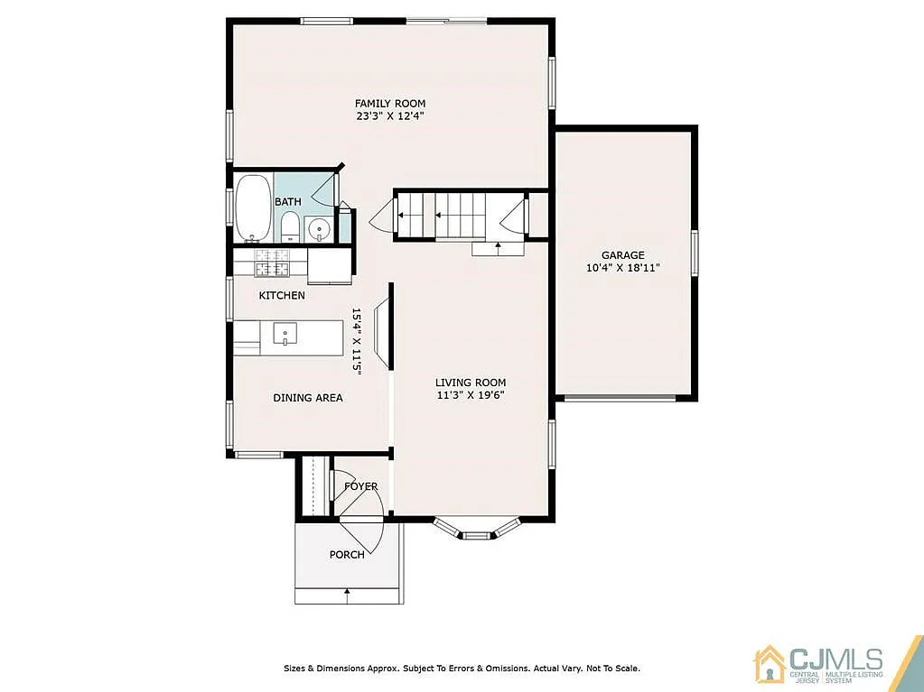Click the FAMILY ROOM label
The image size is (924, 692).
pyautogui.click(x=389, y=103)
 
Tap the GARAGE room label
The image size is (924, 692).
pyautogui.click(x=623, y=255)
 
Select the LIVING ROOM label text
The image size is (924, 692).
pyautogui.click(x=470, y=382)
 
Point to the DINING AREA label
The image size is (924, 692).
pyautogui.click(x=308, y=397)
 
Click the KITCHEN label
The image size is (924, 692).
pyautogui.click(x=282, y=295)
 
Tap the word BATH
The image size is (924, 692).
pyautogui.click(x=288, y=201)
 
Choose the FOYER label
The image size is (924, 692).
pyautogui.click(x=360, y=486)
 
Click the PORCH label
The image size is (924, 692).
pyautogui.click(x=347, y=554)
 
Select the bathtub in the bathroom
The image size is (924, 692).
pyautogui.click(x=251, y=208)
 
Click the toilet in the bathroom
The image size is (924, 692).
pyautogui.click(x=290, y=226)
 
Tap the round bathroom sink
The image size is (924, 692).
pyautogui.click(x=319, y=229)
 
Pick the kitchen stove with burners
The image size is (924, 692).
pyautogui.click(x=271, y=263)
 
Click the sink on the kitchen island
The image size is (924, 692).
pyautogui.click(x=284, y=334)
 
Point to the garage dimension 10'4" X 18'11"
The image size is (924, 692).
pyautogui.click(x=623, y=268)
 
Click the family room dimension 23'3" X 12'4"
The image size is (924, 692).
pyautogui.click(x=389, y=115)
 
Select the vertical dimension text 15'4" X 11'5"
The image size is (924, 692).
pyautogui.click(x=356, y=342)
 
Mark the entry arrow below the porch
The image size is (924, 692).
pyautogui.click(x=347, y=593)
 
